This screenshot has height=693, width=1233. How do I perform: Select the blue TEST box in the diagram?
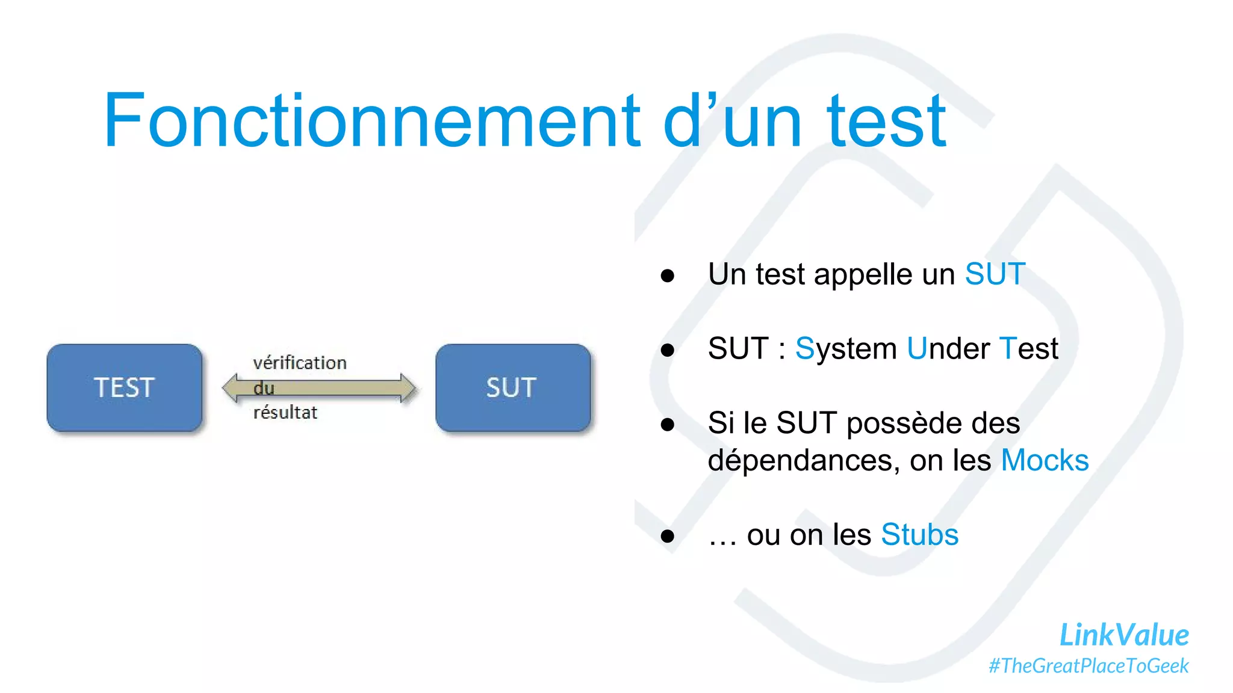tap(125, 387)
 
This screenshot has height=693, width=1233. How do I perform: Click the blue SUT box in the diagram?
tap(512, 387)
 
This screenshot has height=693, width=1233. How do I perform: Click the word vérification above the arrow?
tap(300, 363)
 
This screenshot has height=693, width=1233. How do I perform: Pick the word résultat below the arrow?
tap(285, 413)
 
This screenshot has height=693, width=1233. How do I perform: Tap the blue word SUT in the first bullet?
tap(995, 274)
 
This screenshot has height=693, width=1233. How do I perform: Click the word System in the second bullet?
tap(846, 348)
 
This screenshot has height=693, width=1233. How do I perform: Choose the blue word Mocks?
tap(1045, 460)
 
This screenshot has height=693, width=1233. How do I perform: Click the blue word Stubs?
tap(919, 535)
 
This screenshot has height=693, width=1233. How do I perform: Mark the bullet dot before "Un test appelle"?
tap(667, 276)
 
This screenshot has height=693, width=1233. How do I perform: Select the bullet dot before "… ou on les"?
tap(667, 536)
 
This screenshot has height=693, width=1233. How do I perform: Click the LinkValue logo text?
tap(1123, 635)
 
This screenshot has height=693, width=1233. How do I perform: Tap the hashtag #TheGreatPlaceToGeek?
tap(1089, 666)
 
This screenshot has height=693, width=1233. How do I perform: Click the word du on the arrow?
tap(264, 388)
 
